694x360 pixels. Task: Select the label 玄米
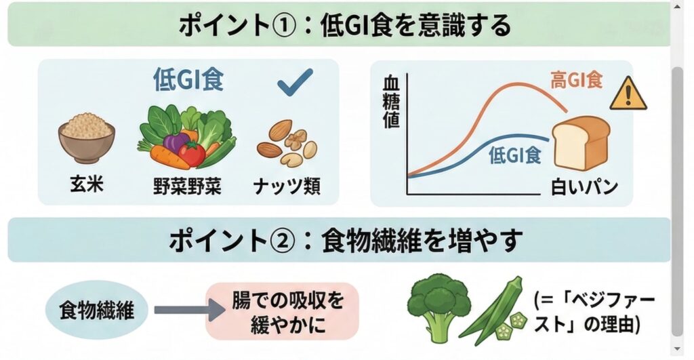click(86, 184)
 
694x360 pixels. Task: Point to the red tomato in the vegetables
click(192, 153)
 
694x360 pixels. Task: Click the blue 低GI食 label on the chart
click(514, 155)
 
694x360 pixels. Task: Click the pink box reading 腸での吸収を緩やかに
click(281, 311)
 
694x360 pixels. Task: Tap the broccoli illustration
click(439, 304)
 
